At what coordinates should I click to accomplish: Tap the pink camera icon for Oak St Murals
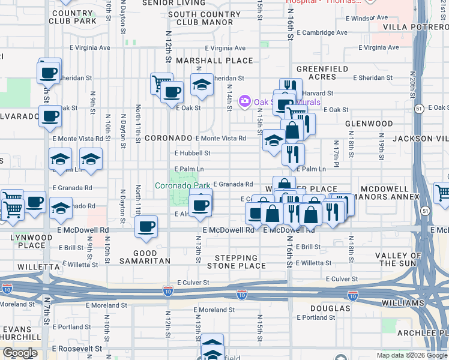point(245,101)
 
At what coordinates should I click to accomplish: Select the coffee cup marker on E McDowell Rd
point(146,226)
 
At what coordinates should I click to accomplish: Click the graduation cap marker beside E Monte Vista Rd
point(274,140)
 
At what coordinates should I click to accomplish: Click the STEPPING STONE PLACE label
point(237,262)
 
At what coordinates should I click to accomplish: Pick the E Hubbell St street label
point(192,153)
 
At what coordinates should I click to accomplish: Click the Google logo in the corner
point(20,353)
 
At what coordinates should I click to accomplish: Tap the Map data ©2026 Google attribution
point(411,355)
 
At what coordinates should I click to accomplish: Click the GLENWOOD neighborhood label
point(369,124)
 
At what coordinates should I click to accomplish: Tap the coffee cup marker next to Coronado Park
point(200,205)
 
